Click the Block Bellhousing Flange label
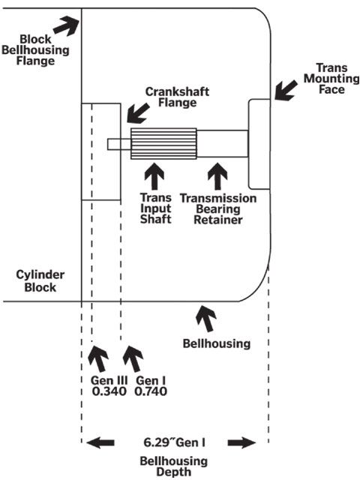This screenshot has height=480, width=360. coord(35,50)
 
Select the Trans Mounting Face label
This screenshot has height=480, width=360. coord(331,78)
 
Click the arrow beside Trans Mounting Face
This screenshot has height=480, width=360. coord(286,90)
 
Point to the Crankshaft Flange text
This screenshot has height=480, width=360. coord(177,97)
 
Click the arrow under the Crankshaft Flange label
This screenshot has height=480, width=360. coord(138,113)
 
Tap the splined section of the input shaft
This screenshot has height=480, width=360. coord(163,143)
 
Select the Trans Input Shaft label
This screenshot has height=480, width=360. coord(155,208)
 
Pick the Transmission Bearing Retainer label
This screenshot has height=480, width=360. coord(218,208)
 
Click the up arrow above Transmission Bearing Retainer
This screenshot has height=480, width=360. coord(217,176)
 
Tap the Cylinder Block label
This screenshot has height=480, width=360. coord(40,281)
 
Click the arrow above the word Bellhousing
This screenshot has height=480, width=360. coord(206,318)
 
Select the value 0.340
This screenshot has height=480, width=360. coord(109,391)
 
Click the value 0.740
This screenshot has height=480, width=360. coord(151,391)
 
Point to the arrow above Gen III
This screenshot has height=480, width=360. coord(98,358)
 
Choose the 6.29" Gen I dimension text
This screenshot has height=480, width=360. coord(175,442)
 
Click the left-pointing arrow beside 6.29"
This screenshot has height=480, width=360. coord(100,442)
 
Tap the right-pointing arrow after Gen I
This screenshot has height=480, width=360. coord(241,442)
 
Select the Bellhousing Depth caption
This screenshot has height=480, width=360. coord(173,466)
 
